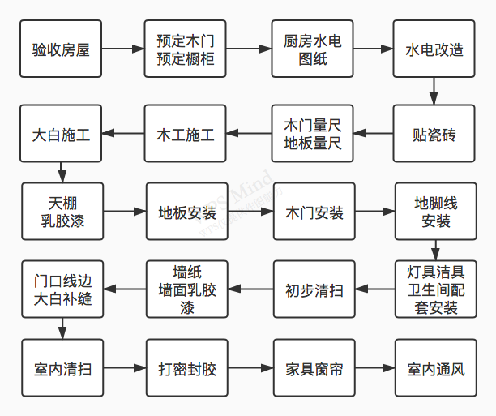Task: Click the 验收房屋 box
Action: (x=61, y=49)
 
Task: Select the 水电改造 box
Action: (x=434, y=49)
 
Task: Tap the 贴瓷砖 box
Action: (x=434, y=134)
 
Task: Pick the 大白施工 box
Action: (x=61, y=134)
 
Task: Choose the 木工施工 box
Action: (x=186, y=134)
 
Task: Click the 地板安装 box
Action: (x=187, y=211)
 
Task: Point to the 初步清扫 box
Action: (x=314, y=289)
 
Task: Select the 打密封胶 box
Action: (x=187, y=368)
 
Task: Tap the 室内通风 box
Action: (x=436, y=368)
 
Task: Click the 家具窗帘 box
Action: (x=314, y=368)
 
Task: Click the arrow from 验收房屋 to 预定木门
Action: (x=123, y=49)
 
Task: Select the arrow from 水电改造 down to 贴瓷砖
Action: (x=434, y=91)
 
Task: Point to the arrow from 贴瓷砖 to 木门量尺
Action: (x=374, y=134)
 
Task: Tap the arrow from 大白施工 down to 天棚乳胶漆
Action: (x=62, y=173)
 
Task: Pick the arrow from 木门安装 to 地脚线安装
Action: (x=375, y=211)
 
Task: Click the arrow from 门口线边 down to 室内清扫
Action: (x=62, y=328)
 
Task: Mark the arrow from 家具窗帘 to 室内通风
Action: (x=375, y=368)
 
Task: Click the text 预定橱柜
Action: (x=186, y=59)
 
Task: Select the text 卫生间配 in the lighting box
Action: (x=436, y=289)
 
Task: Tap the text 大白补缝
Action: (x=62, y=299)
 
